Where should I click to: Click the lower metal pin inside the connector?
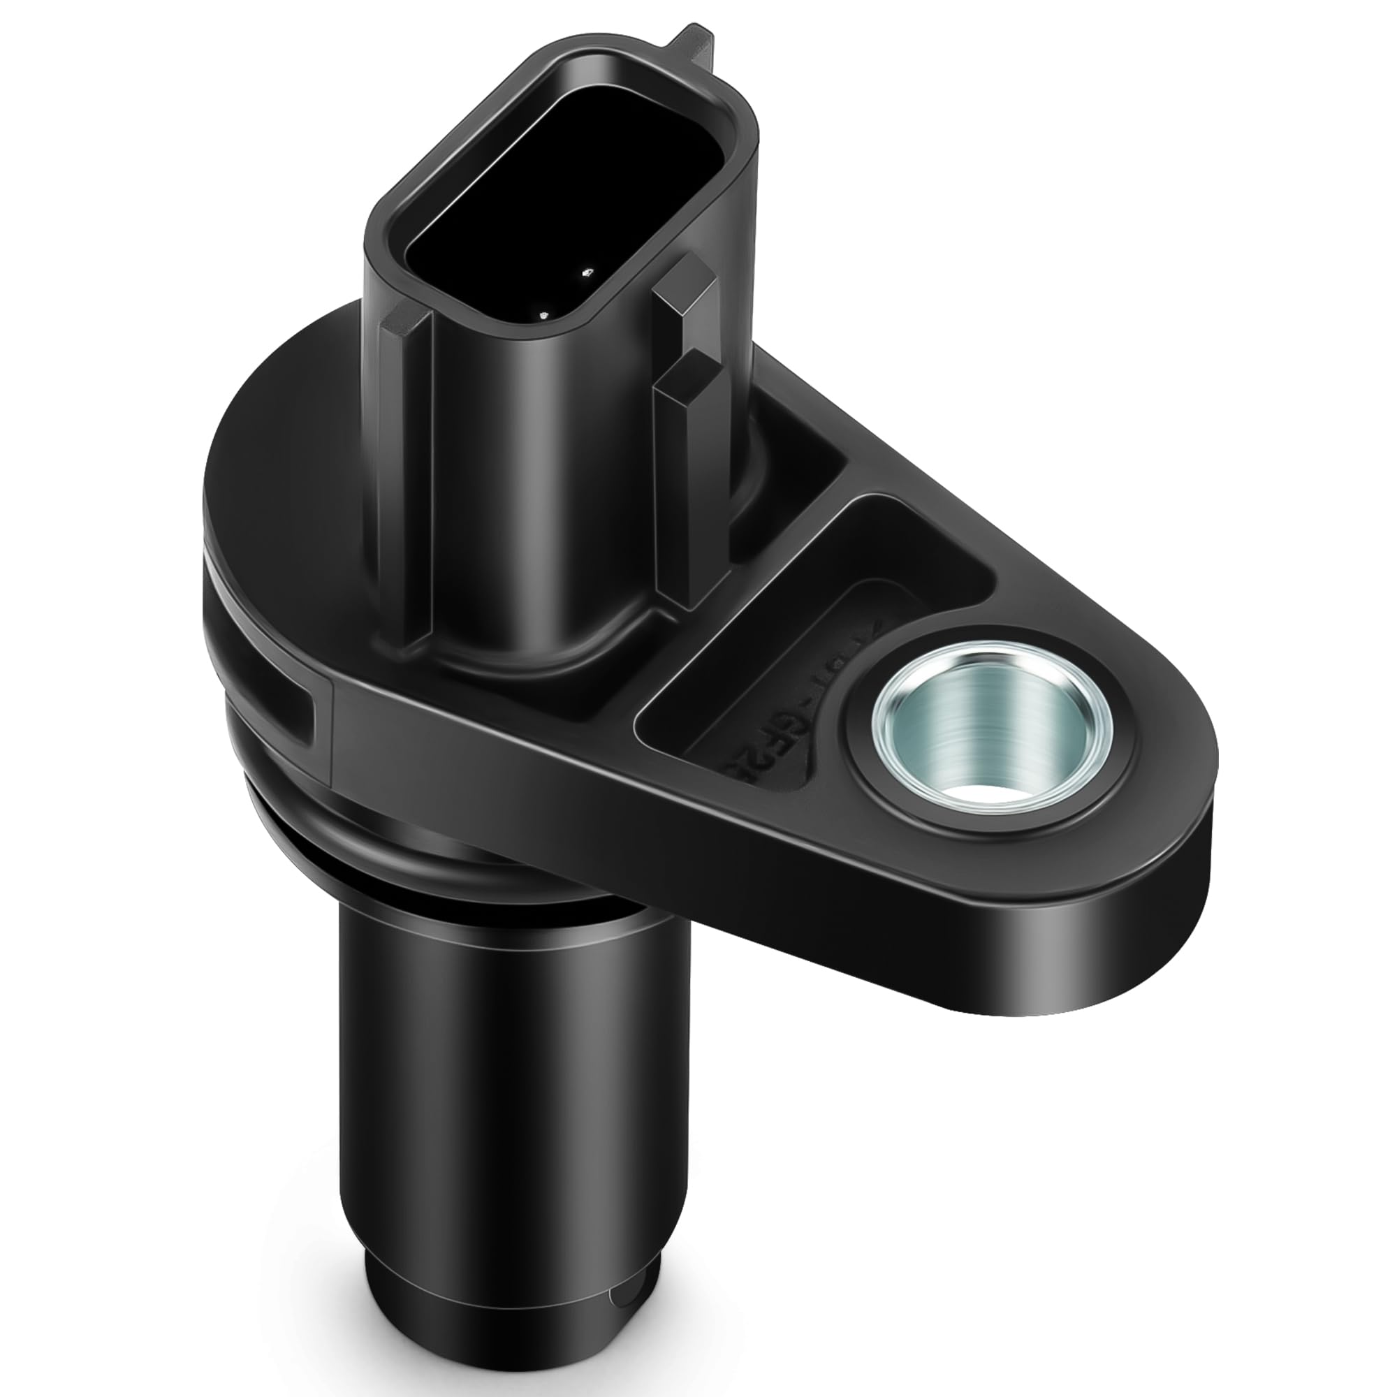pyautogui.click(x=543, y=315)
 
